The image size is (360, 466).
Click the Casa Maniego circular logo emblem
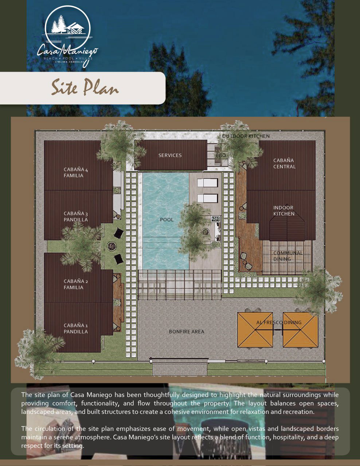(67, 28)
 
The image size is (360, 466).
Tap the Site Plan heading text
(85, 88)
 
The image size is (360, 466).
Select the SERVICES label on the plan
(170, 155)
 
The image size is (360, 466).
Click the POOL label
(167, 220)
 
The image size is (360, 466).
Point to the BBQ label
(220, 155)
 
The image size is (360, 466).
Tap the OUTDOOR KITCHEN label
(246, 136)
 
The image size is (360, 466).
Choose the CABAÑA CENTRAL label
(284, 163)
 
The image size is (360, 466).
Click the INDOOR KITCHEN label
(284, 211)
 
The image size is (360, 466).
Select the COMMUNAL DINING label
(287, 256)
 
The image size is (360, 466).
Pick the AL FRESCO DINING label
(279, 323)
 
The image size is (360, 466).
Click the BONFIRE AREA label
(187, 332)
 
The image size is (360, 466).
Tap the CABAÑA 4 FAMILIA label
(75, 173)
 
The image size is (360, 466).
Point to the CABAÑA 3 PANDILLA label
(75, 217)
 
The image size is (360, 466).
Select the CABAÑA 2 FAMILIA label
(75, 284)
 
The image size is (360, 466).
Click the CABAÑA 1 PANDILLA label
(75, 329)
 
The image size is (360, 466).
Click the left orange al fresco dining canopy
(255, 330)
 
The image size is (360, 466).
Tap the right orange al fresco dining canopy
(300, 330)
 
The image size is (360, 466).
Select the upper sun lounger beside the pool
(207, 183)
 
